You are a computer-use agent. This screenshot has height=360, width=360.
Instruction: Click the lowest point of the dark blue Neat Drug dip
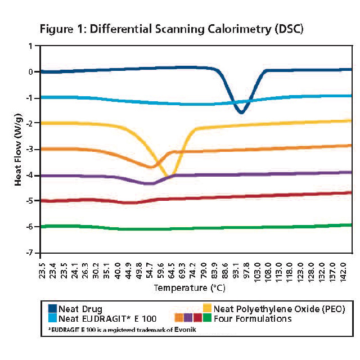(241, 112)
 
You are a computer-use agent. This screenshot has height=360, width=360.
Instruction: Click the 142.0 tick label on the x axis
(349, 268)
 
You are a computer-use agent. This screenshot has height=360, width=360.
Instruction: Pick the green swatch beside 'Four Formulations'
(207, 318)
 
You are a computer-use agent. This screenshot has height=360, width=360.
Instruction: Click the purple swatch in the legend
(188, 318)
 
